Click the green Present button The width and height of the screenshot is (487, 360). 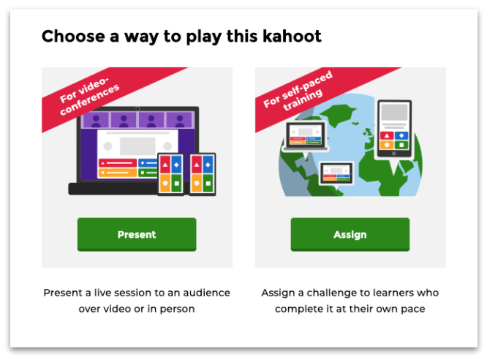pos(137,234)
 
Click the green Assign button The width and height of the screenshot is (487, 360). pos(350,234)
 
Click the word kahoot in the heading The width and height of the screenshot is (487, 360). pos(292,36)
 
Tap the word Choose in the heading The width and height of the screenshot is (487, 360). pos(73,36)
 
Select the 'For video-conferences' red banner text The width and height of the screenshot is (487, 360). pos(89,96)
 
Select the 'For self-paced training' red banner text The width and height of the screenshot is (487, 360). pos(298,90)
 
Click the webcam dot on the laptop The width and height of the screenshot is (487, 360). pos(137,108)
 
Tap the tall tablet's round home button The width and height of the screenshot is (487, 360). pos(394,154)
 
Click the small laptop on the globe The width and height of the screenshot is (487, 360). pos(306,136)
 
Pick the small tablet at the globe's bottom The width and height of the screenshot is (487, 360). pos(336,173)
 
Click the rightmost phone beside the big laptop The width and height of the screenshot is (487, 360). pos(203,174)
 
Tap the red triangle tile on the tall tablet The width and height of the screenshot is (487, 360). pos(387,135)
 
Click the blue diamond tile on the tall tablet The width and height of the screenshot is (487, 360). pos(401,135)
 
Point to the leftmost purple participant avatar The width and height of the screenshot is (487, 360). pos(96,120)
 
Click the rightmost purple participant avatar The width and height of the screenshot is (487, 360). pos(180,120)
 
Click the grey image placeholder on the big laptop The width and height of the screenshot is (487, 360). pos(137,146)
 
